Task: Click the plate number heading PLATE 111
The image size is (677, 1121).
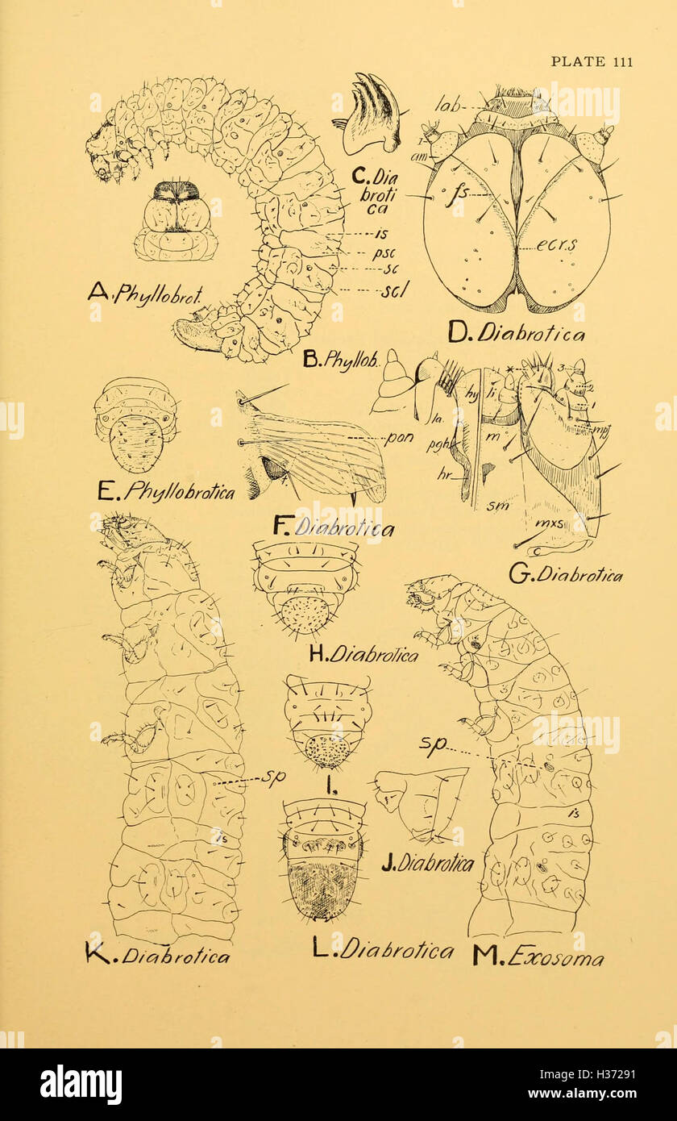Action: [591, 62]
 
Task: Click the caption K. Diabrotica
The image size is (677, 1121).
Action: [156, 956]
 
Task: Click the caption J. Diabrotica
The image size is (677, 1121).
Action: [427, 862]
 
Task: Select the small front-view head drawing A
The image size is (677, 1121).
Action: [176, 220]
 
